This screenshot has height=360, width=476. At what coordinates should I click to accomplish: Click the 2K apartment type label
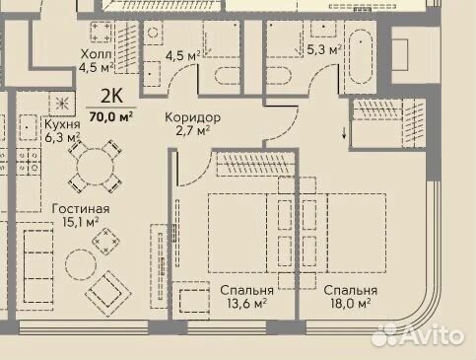click(111, 96)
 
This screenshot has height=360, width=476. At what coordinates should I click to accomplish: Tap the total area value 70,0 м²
click(111, 116)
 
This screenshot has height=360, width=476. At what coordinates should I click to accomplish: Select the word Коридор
click(192, 117)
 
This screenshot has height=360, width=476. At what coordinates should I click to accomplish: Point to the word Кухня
click(62, 124)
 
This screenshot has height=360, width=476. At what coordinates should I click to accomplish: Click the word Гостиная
click(81, 209)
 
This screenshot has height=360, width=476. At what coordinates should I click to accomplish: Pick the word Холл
click(97, 53)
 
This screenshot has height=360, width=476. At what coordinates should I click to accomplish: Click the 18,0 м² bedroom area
click(351, 303)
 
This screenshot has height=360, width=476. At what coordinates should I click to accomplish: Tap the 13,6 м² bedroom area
click(246, 303)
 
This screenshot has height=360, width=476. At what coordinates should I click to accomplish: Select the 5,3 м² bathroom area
click(323, 49)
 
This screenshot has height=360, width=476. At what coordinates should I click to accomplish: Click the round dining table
click(95, 167)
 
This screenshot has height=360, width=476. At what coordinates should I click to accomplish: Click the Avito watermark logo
click(418, 335)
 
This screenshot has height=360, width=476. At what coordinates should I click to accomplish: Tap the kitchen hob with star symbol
click(62, 104)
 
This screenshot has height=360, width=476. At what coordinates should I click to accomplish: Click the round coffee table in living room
click(81, 264)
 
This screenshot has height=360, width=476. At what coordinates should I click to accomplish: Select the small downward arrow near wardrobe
click(344, 133)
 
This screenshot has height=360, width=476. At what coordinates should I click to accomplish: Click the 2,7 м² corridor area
click(193, 131)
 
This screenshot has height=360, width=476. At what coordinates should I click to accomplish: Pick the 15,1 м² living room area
click(81, 222)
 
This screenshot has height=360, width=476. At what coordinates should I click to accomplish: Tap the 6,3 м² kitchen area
click(62, 137)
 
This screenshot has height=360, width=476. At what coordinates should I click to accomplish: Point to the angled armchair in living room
click(108, 293)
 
